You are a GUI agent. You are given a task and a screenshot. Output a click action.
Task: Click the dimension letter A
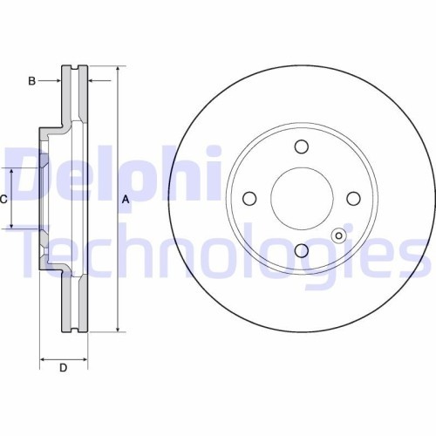tap(125, 200)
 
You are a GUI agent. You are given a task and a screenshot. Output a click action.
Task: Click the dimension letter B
tap(31, 81)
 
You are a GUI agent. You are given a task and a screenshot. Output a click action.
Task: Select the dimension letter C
tap(3, 200)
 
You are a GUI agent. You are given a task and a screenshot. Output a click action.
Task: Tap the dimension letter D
tap(63, 368)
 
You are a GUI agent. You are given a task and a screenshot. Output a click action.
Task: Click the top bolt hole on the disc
tap(301, 146)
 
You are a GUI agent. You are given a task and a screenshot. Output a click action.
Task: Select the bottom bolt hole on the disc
tap(301, 250)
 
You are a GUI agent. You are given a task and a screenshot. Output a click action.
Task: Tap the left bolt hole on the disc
tap(249, 198)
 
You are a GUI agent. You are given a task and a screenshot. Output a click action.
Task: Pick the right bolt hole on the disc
tap(353, 198)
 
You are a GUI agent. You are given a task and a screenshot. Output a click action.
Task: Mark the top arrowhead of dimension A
tap(116, 69)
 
